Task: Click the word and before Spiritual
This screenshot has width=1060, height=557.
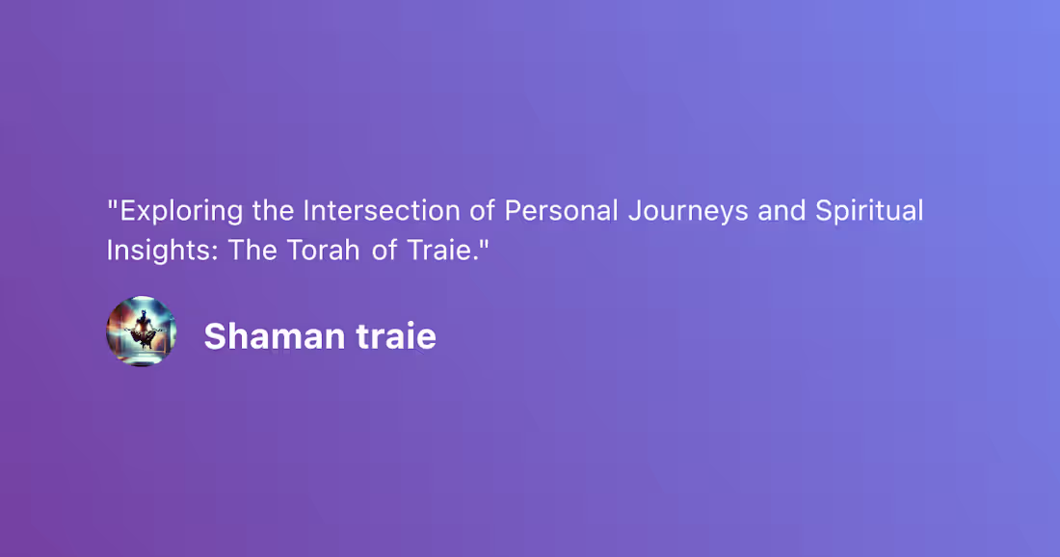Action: (x=782, y=211)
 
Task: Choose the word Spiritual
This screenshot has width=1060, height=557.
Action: (x=869, y=211)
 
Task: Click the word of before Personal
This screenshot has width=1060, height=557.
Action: (x=484, y=211)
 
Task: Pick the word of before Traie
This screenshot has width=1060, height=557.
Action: (x=384, y=250)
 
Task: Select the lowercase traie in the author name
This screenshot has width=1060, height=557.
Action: (x=396, y=336)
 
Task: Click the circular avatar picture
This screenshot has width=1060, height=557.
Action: (x=141, y=331)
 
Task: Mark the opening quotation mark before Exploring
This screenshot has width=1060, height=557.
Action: (x=112, y=203)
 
